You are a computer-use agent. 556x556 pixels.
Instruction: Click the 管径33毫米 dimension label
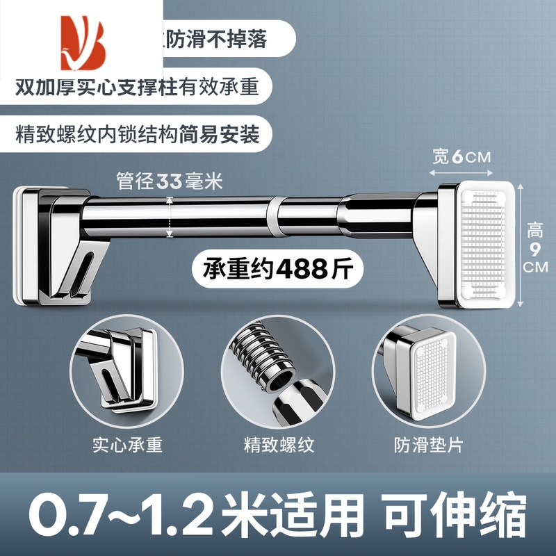coord(170,183)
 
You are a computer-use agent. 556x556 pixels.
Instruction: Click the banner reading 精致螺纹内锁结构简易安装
coord(138,134)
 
